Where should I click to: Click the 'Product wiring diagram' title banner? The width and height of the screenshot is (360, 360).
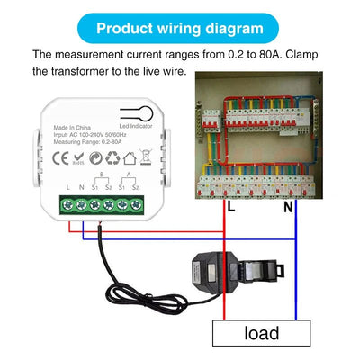[x=180, y=28]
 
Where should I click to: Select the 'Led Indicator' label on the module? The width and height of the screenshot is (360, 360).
[x=136, y=126]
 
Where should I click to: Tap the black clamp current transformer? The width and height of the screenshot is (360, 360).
[x=225, y=270]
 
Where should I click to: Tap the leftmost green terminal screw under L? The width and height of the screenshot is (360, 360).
[x=68, y=205]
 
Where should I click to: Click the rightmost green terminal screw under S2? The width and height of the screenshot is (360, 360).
[x=135, y=205]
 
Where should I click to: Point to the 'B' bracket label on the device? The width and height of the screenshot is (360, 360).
[x=101, y=175]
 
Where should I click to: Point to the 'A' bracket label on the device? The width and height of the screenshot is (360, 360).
[x=128, y=175]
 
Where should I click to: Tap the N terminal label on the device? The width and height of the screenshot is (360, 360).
[x=81, y=187]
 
